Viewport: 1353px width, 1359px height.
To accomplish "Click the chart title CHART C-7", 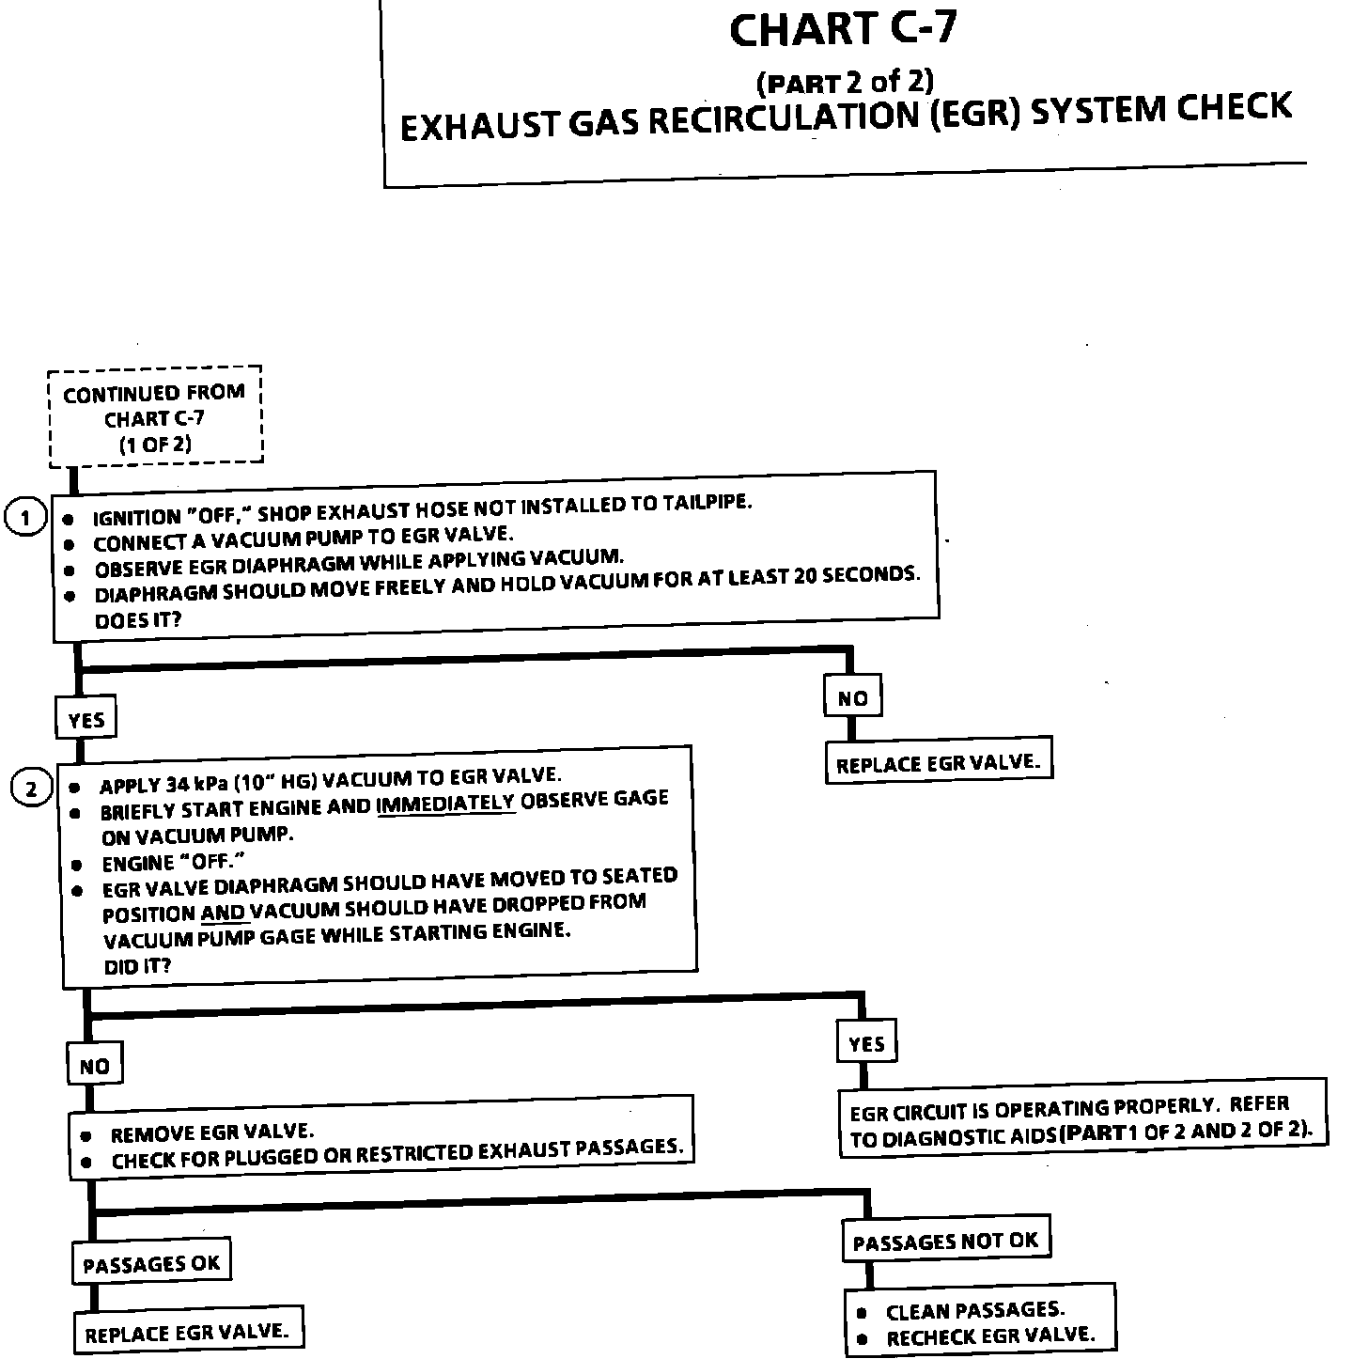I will click(843, 31).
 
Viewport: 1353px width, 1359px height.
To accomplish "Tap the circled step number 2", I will click(31, 789).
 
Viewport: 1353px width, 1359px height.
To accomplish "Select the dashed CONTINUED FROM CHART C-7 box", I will click(155, 416).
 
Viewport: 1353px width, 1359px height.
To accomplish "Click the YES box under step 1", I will click(86, 720).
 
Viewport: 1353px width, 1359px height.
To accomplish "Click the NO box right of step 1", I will click(852, 697).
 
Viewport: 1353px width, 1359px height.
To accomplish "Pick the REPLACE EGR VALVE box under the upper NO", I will click(938, 763).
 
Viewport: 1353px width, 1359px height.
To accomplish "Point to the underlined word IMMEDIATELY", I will click(445, 804).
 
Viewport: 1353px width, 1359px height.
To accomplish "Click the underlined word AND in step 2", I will click(223, 913).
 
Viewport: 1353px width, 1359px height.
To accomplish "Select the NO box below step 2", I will click(94, 1066).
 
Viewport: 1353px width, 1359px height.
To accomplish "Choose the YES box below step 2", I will click(865, 1043).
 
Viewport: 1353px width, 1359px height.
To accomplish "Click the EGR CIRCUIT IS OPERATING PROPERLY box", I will click(1081, 1118).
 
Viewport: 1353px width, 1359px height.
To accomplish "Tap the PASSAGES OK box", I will click(150, 1264).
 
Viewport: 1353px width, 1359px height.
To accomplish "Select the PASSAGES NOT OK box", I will click(945, 1241).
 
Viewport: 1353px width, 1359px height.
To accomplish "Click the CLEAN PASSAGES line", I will click(974, 1309).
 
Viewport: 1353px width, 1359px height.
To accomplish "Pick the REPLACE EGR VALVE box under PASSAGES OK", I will click(186, 1332).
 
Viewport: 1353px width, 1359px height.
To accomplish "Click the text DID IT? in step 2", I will click(137, 965).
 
